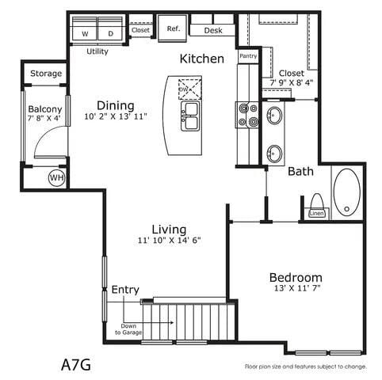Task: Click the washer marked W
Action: coord(85,34)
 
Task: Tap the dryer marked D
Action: coord(109,34)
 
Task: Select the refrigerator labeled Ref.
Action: coord(173,28)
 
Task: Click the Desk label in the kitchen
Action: coord(212,30)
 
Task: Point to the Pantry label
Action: coord(248,56)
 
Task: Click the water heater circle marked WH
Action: coord(56,178)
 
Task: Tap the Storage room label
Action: coord(46,74)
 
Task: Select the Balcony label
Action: coord(45,109)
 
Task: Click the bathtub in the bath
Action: coord(346,192)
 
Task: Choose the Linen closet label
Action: coord(316,213)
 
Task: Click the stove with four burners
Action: coord(248,115)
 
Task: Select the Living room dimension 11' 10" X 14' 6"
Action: coord(170,241)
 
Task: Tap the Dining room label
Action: coord(116,105)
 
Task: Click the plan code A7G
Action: coord(76,365)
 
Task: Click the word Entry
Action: coord(125,289)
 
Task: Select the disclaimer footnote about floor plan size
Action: coord(304,367)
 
